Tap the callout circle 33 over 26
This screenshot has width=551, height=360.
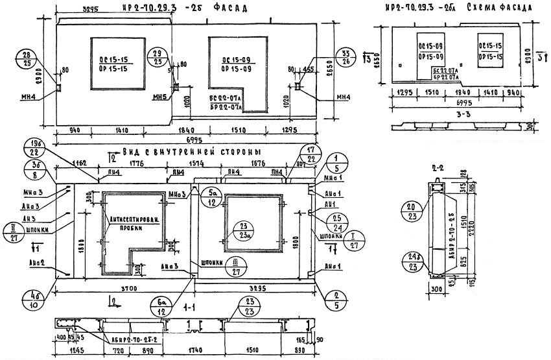click(x=344, y=57)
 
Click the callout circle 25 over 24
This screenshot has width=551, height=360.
click(x=334, y=222)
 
